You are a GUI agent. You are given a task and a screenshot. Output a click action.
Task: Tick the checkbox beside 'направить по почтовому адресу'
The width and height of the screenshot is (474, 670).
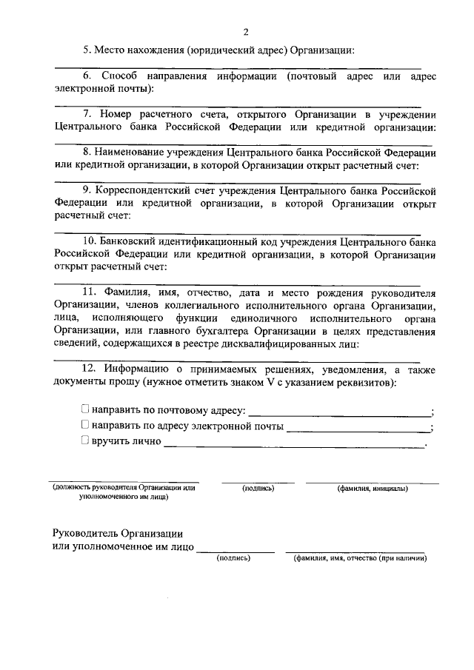(x=85, y=409)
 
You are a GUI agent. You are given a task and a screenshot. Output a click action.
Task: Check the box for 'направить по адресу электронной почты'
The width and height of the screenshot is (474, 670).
(x=85, y=425)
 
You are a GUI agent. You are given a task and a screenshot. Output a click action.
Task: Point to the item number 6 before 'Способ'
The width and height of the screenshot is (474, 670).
(x=86, y=76)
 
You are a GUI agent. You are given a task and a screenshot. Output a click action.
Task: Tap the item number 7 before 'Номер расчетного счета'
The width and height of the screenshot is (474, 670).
(x=86, y=115)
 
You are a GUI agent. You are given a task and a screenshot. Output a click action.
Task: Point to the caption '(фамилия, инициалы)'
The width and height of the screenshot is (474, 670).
(x=371, y=488)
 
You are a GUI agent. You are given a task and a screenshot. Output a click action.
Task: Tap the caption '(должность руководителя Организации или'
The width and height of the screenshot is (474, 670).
(x=124, y=488)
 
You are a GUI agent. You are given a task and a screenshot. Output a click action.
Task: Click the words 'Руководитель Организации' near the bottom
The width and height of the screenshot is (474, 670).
(x=118, y=534)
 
